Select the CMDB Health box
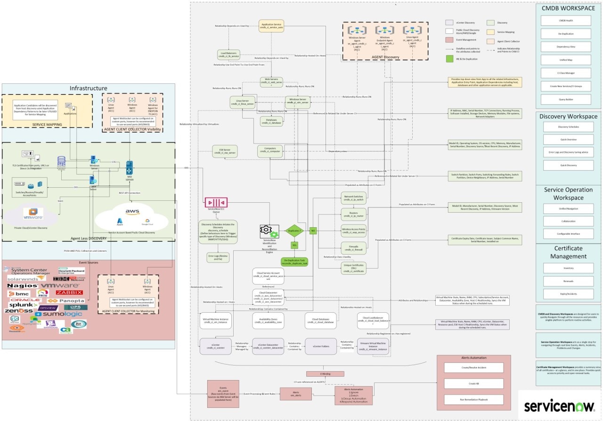point(568,21)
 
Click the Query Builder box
point(568,99)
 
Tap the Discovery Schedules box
point(568,127)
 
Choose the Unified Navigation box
point(568,208)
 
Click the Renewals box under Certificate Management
point(568,281)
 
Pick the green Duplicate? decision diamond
point(294,230)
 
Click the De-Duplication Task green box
point(294,262)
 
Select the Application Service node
point(271,25)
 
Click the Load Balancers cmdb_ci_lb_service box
point(228,54)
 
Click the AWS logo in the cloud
point(132,212)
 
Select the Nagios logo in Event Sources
point(22,286)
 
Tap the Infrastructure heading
point(89,88)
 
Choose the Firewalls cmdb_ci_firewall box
point(353,247)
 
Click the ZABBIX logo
point(69,292)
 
